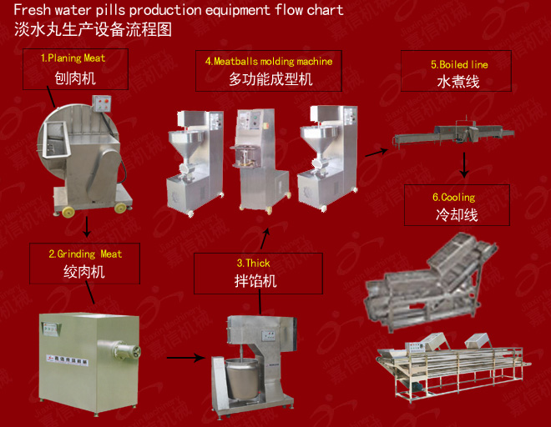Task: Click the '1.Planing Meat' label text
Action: click(73, 58)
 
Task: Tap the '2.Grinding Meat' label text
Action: click(85, 254)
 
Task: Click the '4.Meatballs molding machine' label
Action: click(269, 62)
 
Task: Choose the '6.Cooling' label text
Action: click(453, 198)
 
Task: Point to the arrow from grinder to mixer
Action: click(186, 357)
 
